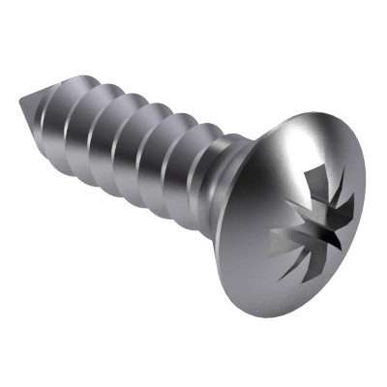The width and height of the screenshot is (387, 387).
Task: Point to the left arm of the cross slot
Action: [x=278, y=234]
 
